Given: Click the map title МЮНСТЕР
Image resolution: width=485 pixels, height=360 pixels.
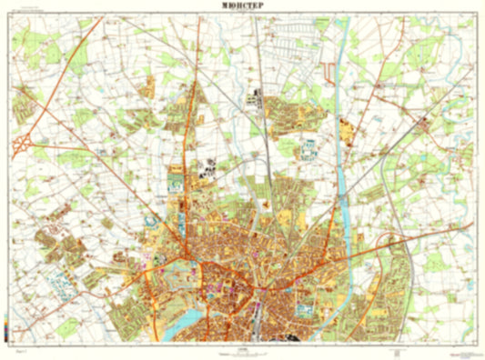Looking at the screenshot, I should [x=242, y=5].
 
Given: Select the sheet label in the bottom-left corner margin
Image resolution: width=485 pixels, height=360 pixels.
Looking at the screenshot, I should [x=20, y=348].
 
